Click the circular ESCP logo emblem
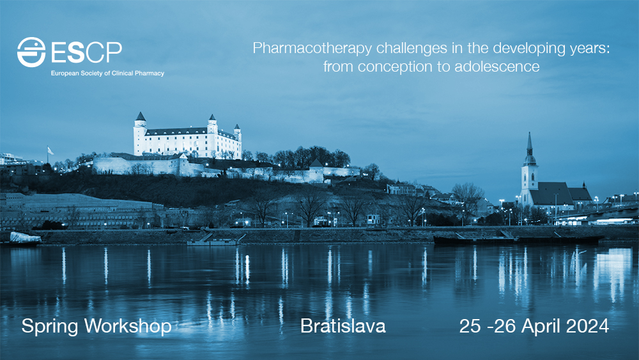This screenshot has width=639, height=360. [31, 52]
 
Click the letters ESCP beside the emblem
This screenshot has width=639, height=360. [86, 52]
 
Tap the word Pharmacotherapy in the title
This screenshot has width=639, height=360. [312, 49]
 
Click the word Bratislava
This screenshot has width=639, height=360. [343, 326]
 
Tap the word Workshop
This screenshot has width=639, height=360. [128, 327]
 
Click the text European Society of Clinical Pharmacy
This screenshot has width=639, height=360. [107, 74]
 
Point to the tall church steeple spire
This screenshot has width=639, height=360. [529, 143]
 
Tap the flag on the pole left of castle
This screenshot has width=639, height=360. [50, 150]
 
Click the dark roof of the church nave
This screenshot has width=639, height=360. [552, 193]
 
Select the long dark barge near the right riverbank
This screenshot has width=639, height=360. [518, 240]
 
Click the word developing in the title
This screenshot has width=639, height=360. [528, 49]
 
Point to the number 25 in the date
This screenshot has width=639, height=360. [470, 326]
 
